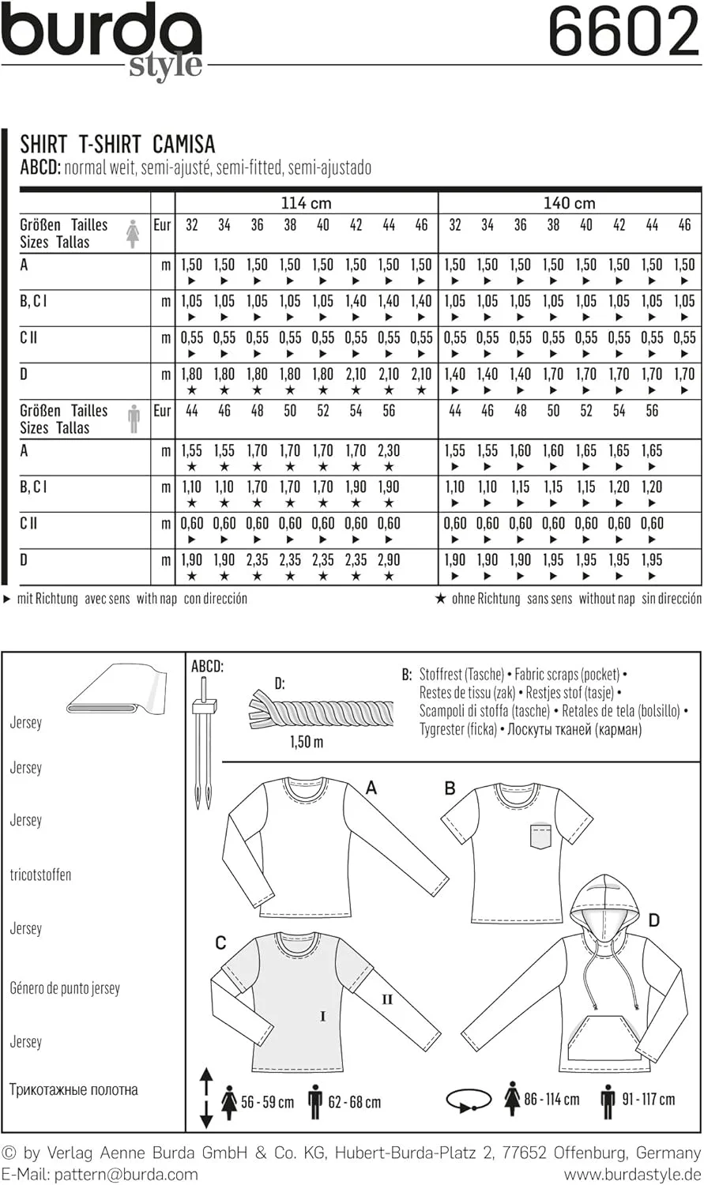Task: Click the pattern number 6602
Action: tap(623, 33)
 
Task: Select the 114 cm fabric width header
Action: tap(306, 203)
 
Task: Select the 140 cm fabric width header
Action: tap(569, 203)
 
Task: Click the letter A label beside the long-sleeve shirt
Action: tap(371, 787)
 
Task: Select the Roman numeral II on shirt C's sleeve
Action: tap(387, 999)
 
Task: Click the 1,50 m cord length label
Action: tap(307, 742)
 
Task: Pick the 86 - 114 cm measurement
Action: tap(552, 1099)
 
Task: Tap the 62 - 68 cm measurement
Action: tap(354, 1101)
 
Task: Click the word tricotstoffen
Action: tap(40, 875)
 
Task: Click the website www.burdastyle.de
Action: tap(632, 1174)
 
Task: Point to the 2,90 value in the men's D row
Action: tap(389, 559)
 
